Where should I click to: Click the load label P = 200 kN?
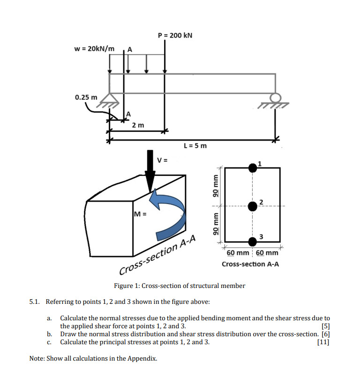(175, 36)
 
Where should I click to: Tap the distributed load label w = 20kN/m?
(94, 49)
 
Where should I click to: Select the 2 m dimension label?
(138, 125)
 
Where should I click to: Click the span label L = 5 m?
(195, 146)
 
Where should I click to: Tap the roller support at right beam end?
(276, 98)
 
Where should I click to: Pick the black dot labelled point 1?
(253, 166)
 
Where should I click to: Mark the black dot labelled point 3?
(253, 241)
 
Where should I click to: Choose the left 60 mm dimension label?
(238, 253)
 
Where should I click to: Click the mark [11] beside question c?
(323, 342)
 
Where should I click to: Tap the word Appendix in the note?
(142, 359)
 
